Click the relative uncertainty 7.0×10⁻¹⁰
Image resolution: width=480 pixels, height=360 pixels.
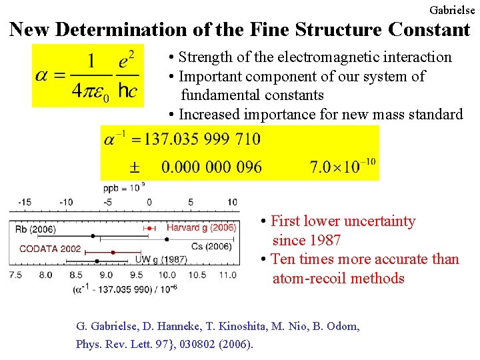(x=343, y=167)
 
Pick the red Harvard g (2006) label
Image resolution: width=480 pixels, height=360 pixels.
(x=201, y=228)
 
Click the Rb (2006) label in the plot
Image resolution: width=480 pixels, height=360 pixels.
(x=35, y=229)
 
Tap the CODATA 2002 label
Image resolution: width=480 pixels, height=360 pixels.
(x=51, y=249)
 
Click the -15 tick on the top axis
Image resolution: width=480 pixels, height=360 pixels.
(x=24, y=202)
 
